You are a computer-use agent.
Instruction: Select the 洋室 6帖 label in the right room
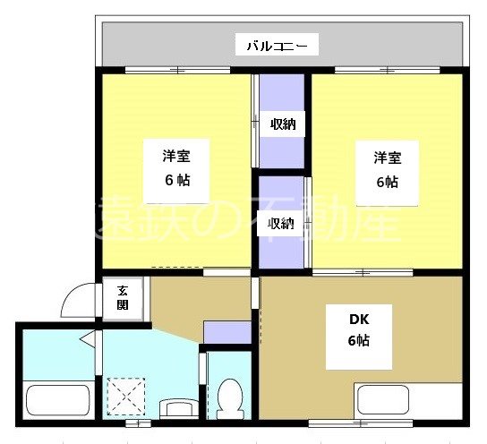pyautogui.click(x=386, y=169)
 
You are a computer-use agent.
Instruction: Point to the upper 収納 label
pyautogui.click(x=283, y=124)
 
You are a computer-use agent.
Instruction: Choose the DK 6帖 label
pyautogui.click(x=358, y=330)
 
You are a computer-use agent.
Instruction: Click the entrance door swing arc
pyautogui.click(x=78, y=301)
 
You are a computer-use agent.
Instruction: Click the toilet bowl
pyautogui.click(x=230, y=397)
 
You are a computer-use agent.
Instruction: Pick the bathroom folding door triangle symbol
pyautogui.click(x=86, y=339)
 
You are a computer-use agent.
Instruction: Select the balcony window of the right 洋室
pyautogui.click(x=386, y=70)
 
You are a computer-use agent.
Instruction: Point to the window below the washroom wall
pyautogui.click(x=132, y=423)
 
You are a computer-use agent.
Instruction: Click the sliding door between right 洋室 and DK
pyautogui.click(x=362, y=271)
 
